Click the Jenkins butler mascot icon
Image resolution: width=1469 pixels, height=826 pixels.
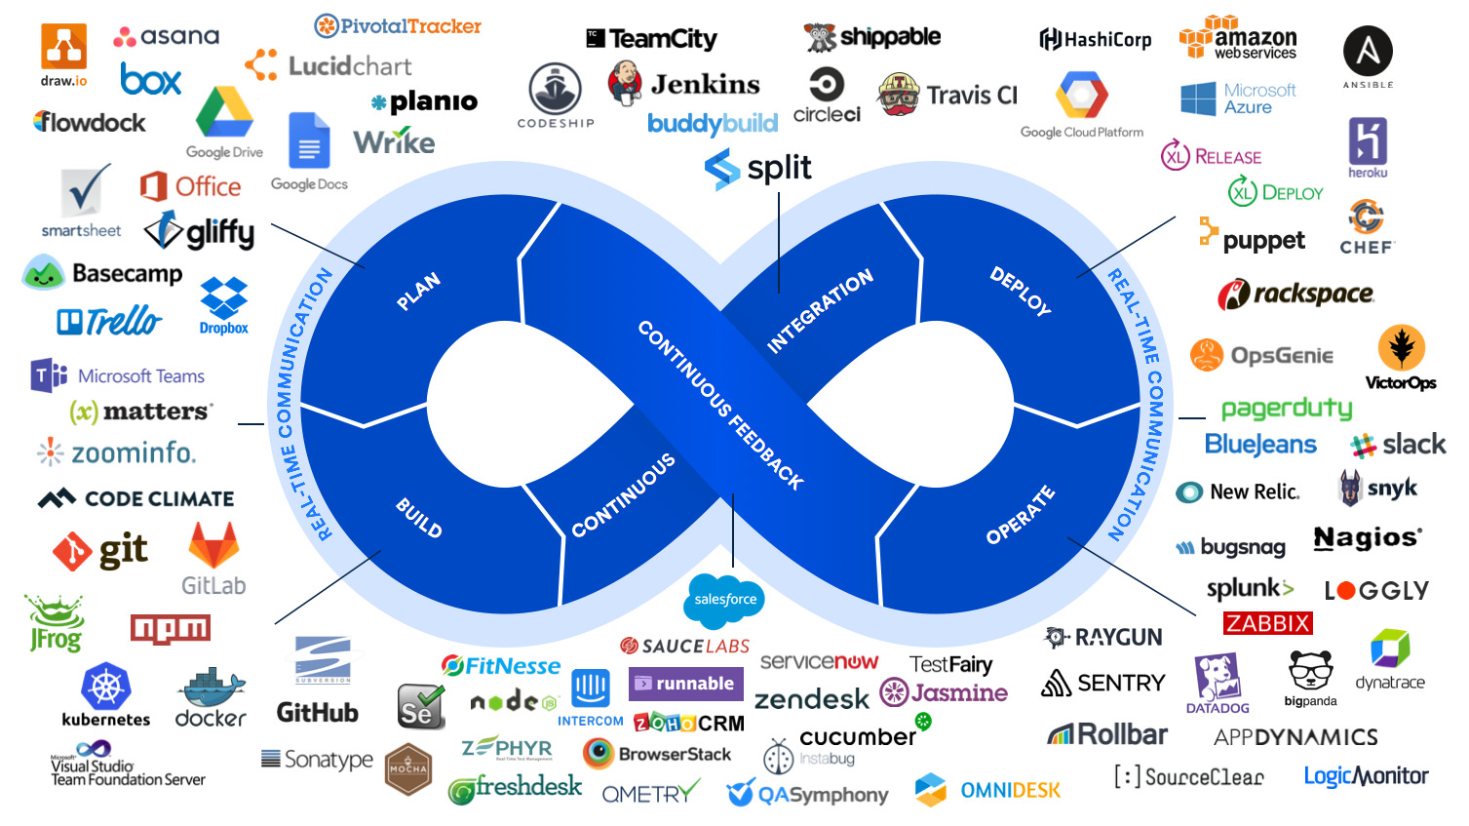click(624, 82)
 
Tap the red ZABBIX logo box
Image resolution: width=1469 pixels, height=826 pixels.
click(1267, 623)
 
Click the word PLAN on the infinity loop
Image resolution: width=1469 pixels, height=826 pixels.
click(418, 292)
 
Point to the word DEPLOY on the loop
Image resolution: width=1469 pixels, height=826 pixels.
click(1021, 291)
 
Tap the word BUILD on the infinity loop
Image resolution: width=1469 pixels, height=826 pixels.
click(419, 517)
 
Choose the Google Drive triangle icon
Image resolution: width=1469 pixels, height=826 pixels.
click(224, 113)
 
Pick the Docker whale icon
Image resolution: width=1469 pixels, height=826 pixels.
click(211, 688)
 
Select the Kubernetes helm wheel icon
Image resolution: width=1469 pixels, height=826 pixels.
click(106, 687)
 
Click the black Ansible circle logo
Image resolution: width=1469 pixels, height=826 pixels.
click(1368, 51)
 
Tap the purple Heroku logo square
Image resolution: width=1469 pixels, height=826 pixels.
click(1368, 141)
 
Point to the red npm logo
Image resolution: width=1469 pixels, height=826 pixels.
click(171, 629)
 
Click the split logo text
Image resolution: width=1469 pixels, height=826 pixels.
click(779, 168)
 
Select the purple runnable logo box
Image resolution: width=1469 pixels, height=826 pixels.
click(685, 684)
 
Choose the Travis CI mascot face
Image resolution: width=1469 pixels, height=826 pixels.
click(899, 94)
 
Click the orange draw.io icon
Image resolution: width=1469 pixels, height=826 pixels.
click(63, 46)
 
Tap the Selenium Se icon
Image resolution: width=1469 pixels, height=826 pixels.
click(421, 706)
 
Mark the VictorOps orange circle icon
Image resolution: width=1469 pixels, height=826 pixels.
click(1401, 347)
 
